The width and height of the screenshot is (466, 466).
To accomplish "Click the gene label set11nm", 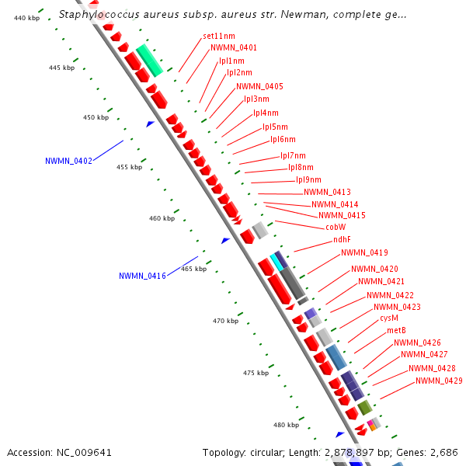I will point(218,37).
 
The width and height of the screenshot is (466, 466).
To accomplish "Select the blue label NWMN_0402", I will point(68,162).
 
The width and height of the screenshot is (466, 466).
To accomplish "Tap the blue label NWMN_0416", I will point(142,276).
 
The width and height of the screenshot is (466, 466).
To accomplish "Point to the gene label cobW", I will point(336,227).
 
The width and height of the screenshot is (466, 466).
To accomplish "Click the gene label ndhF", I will point(342,240).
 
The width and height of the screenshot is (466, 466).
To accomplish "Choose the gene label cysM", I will point(389,318).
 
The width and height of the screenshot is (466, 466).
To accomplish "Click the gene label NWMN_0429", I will point(439,381).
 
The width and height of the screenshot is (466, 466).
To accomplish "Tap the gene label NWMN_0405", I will point(259,86).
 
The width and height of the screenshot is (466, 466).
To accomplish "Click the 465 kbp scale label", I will point(194,269).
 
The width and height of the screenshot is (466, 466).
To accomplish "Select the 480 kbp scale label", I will point(286,425).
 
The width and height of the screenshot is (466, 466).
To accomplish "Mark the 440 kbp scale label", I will point(27,17).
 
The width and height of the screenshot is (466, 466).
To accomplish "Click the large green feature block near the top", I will point(149,60).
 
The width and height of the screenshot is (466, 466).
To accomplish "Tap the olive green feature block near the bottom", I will point(364,407).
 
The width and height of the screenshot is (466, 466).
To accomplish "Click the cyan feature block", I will point(274,263).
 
